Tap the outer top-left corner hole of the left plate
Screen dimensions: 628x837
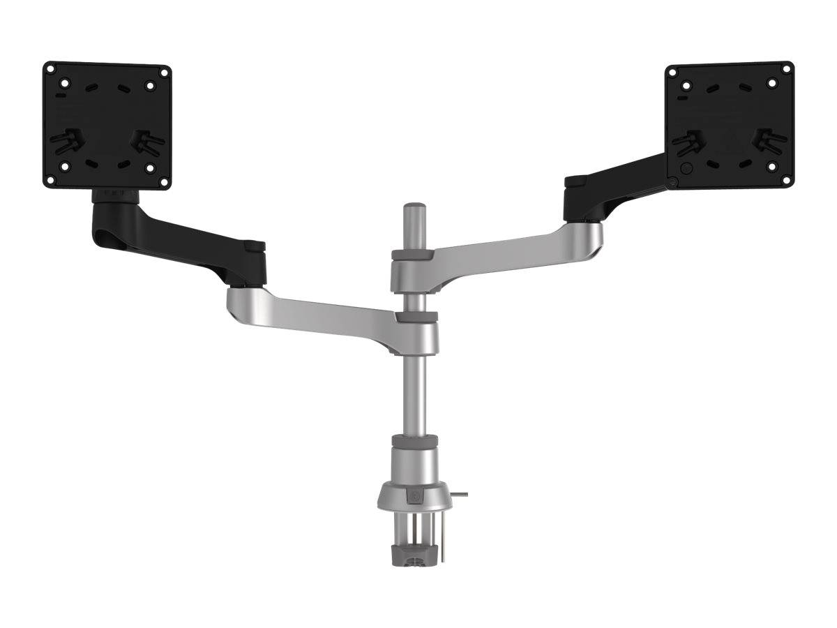(52, 70)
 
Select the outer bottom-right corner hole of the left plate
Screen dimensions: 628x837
(165, 181)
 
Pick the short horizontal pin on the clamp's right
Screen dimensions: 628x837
(460, 495)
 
